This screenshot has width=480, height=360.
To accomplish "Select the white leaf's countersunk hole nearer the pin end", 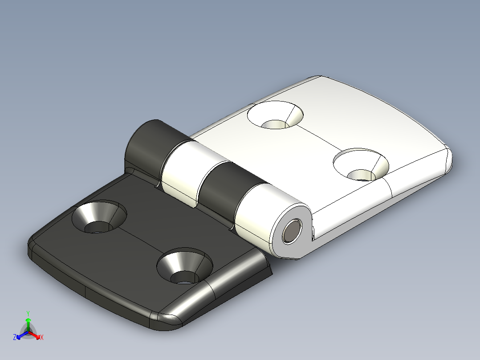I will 361,165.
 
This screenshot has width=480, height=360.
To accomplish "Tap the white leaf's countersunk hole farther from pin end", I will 275,115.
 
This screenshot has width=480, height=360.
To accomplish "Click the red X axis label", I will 42,338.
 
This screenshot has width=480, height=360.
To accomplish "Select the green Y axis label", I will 28,313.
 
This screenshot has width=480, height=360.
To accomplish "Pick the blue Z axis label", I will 15,337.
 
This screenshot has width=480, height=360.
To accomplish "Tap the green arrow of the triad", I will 28,322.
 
